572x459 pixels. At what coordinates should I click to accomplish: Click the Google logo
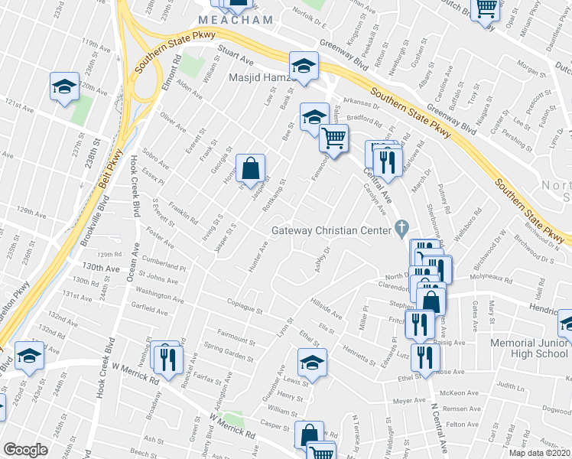click(x=25, y=450)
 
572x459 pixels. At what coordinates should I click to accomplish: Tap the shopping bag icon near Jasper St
click(x=250, y=166)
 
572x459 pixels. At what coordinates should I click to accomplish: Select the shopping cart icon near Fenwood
click(x=333, y=138)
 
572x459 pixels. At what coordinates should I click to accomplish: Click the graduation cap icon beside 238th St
click(x=65, y=86)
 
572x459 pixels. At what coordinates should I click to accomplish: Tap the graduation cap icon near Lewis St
click(x=312, y=361)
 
